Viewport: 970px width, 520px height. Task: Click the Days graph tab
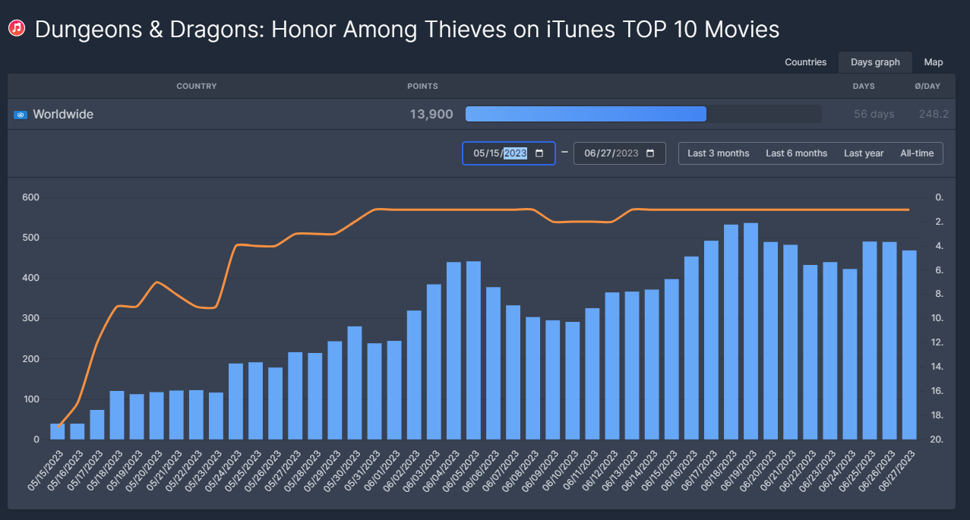[875, 62]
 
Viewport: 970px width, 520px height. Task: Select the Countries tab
[805, 62]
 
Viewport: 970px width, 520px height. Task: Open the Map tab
[934, 62]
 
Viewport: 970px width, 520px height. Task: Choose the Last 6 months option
[796, 153]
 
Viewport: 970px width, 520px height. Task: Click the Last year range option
[864, 153]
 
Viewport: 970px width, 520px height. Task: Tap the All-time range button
[917, 153]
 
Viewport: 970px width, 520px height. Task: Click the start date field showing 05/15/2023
[508, 153]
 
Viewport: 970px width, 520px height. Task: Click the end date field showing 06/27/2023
[619, 153]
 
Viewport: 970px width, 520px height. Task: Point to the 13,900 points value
[431, 115]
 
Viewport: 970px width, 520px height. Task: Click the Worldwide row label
[63, 115]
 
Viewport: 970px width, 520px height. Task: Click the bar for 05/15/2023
[58, 431]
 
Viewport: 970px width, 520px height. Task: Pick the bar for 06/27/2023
[908, 345]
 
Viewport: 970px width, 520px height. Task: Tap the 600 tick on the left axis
[31, 197]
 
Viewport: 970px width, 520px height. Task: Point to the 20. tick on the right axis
[939, 440]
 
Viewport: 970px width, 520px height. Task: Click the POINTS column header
[422, 87]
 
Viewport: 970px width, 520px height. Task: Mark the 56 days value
[874, 115]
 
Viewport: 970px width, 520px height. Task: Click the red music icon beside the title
[17, 29]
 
